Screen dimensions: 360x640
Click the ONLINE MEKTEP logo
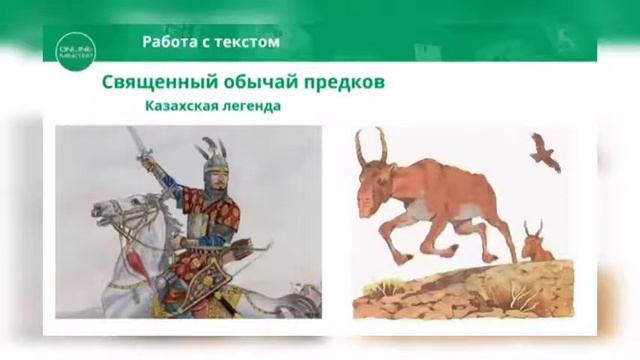[75, 46]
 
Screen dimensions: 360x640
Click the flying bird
[544, 151]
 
